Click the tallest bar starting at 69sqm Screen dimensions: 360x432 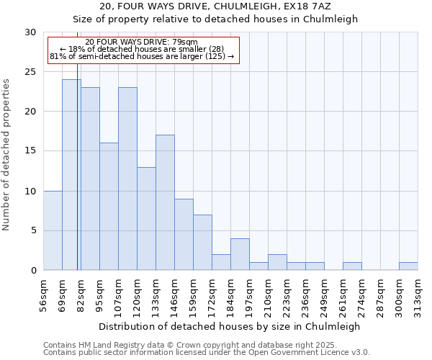(71, 175)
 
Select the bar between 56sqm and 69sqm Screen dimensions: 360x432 (53, 230)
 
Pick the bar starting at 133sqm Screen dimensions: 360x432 (165, 202)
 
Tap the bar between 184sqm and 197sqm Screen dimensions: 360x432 (240, 254)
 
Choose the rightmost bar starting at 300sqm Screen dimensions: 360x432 (408, 266)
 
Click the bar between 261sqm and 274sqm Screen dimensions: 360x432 (352, 266)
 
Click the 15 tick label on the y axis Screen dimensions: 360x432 (30, 151)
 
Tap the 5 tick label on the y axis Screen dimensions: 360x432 (33, 230)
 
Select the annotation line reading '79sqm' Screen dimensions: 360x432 (141, 42)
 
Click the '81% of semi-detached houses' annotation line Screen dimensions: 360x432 (141, 56)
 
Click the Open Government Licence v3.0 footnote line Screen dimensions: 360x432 (206, 353)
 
